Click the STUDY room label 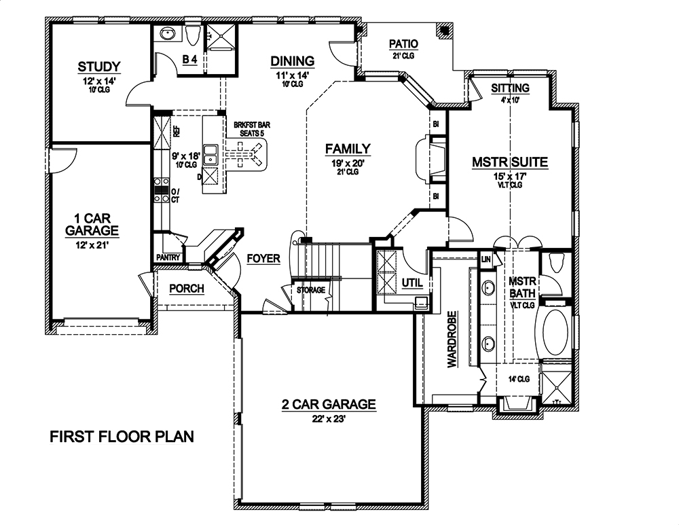99,67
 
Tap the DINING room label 293,61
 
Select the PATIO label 403,44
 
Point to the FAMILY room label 347,149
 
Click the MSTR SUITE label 510,162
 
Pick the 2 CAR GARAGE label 329,405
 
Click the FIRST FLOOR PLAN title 122,436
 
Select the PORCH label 187,289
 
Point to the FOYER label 263,259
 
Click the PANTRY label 167,258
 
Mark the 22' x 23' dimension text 329,419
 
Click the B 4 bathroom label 189,60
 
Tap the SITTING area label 510,89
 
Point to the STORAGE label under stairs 310,291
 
